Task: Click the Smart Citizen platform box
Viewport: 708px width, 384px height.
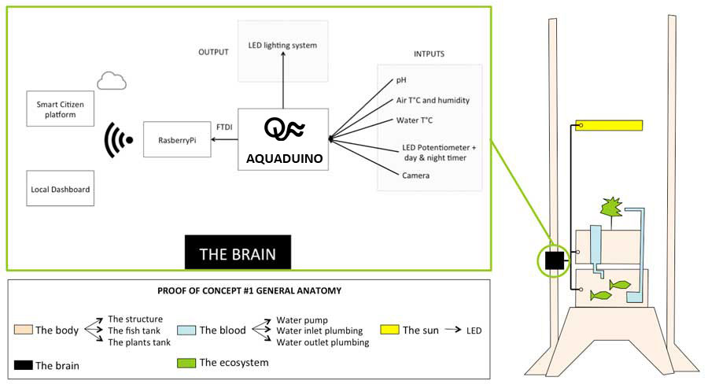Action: coord(60,109)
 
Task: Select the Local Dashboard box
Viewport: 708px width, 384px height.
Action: coord(60,188)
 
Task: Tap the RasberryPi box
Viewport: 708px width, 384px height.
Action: coord(177,139)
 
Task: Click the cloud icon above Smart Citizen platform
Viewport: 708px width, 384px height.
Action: coord(112,81)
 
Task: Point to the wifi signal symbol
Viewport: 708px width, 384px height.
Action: coord(118,140)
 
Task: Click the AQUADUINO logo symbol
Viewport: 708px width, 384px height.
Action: coord(284,128)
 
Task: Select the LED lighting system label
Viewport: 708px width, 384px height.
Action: coord(282,45)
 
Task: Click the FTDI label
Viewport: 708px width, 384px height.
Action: coord(224,127)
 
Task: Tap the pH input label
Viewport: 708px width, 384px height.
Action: coord(401,80)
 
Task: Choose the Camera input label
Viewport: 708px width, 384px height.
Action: coord(415,175)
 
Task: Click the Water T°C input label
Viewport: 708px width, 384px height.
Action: coord(414,120)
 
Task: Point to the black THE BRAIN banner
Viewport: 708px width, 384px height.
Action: coord(238,252)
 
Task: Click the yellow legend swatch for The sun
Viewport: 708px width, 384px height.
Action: coord(389,330)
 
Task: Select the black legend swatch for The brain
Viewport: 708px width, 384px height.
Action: coord(23,365)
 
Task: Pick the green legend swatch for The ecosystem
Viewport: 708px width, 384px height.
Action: coord(186,363)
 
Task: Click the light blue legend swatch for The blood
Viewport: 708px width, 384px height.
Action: coord(186,330)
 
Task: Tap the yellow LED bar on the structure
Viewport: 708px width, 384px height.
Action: coord(609,125)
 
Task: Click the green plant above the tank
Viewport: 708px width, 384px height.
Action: coord(611,209)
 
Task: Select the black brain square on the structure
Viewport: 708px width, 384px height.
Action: coord(555,260)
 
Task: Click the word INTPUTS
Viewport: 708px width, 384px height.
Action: coord(429,54)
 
